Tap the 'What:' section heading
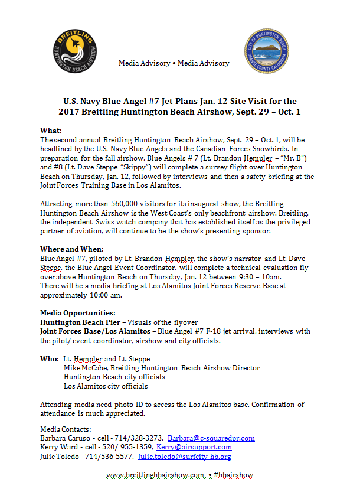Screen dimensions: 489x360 (x=51, y=130)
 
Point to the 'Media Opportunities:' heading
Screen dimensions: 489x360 (x=77, y=312)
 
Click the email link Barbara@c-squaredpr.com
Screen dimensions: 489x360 (x=211, y=438)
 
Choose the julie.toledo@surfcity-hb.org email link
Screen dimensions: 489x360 (x=184, y=457)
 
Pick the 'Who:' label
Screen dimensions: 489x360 (x=49, y=358)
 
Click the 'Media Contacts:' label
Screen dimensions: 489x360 (x=66, y=429)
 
